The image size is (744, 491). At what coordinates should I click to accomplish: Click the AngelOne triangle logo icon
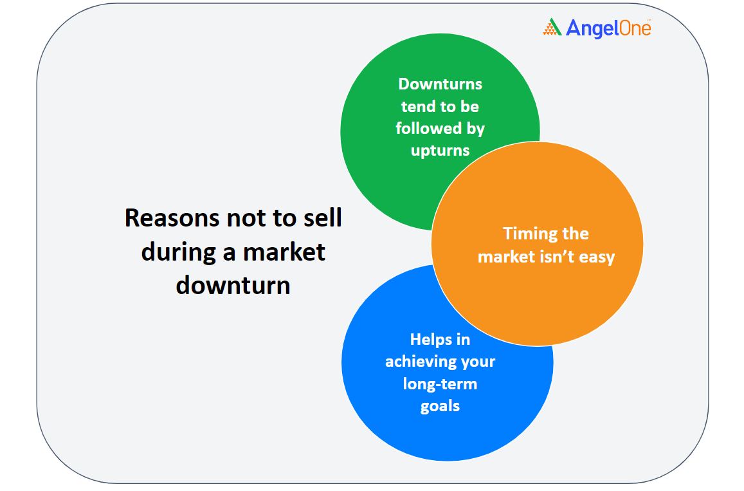coord(552,27)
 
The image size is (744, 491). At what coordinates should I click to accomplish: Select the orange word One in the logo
coord(629,28)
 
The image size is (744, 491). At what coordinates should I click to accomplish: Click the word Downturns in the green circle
coord(440,84)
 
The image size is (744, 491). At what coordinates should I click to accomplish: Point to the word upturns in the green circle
coord(440,151)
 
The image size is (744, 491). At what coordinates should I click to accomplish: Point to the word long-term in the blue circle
coord(440,384)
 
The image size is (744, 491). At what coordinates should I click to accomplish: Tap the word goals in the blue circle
coord(440,407)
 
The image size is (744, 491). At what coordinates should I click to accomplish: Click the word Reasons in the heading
coord(172,218)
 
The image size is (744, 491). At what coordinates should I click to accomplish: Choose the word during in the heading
coord(179,253)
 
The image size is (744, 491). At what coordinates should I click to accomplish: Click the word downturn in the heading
coord(233,286)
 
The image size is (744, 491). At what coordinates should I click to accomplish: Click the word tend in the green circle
coord(418,106)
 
